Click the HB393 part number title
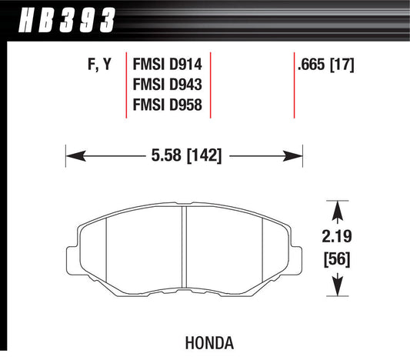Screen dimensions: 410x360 [67, 20]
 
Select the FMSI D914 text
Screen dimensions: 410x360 [168, 64]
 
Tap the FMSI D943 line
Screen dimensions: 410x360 [168, 85]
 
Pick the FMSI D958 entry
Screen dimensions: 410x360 [168, 105]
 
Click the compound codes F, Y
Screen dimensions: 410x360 [100, 65]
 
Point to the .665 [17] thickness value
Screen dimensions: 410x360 [326, 65]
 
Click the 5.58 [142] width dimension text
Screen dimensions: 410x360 [186, 155]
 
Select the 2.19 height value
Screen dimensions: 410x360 [337, 236]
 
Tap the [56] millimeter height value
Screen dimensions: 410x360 [337, 259]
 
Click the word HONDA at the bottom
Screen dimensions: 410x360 [209, 343]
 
